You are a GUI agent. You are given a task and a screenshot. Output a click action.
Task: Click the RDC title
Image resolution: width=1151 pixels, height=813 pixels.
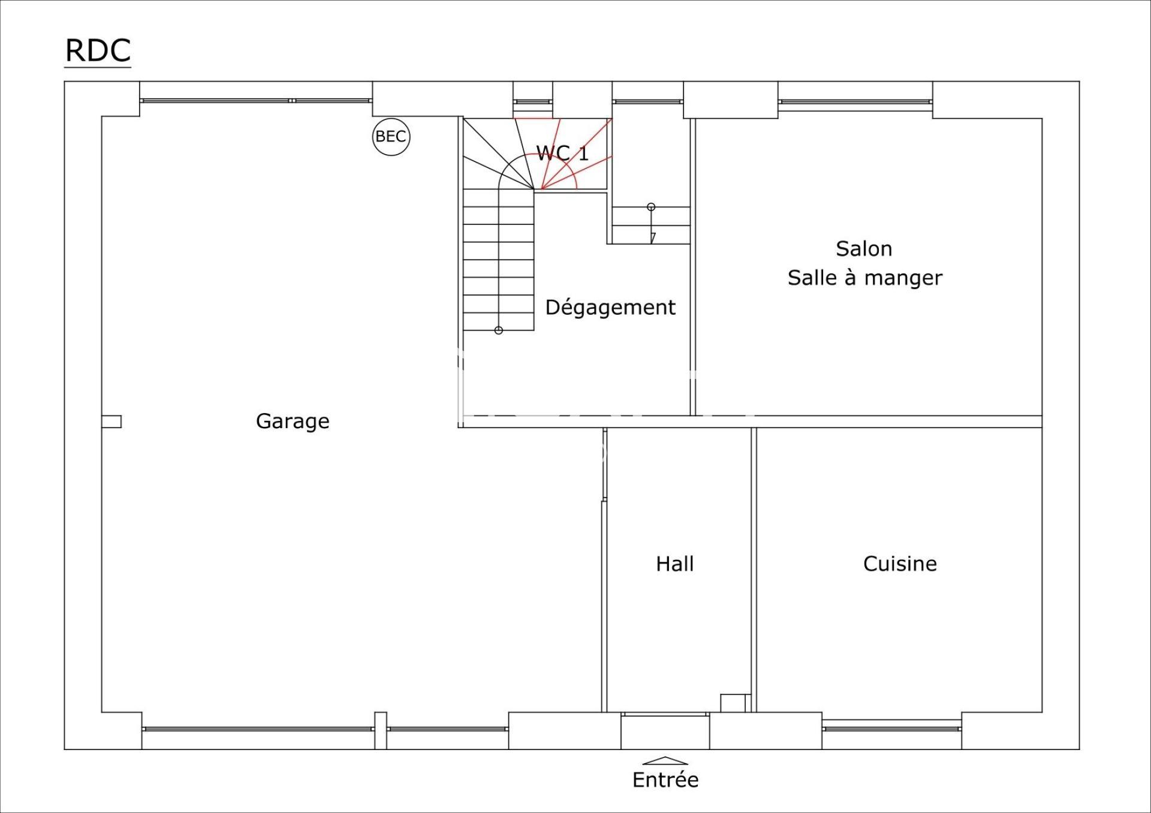tap(98, 50)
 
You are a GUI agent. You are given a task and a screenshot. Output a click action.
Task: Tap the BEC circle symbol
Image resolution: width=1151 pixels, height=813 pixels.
tap(391, 137)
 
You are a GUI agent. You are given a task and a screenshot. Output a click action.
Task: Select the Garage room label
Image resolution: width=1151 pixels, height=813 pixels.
tap(293, 421)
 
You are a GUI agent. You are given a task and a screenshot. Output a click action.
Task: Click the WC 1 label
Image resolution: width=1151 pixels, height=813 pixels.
tap(562, 153)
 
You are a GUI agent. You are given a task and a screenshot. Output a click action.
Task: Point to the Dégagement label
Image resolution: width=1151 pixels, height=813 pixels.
tap(610, 308)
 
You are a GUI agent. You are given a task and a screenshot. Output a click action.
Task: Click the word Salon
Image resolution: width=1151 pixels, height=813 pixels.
tap(864, 249)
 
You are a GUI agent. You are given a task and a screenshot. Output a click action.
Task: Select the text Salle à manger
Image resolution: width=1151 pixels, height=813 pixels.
tap(864, 278)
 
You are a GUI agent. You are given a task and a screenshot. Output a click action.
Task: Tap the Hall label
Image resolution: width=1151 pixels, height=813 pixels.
tap(675, 564)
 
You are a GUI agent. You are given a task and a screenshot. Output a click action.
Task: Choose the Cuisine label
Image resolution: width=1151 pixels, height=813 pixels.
tap(900, 564)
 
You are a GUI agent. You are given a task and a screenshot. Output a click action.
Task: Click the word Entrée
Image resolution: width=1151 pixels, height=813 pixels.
tap(665, 780)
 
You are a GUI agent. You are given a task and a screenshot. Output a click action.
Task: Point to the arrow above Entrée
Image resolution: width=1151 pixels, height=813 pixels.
tap(665, 761)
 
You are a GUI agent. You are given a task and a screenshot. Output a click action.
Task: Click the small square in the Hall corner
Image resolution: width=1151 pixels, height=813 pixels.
tap(733, 703)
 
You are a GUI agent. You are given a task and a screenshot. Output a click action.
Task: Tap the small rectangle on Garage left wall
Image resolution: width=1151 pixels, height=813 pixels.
tap(112, 422)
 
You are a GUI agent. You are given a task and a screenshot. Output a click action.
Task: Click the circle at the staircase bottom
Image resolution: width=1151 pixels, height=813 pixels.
tap(498, 330)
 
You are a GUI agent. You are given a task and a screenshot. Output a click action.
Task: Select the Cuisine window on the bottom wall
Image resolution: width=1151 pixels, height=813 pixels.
tap(892, 728)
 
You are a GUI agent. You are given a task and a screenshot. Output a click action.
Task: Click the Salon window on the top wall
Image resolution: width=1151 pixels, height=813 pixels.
tap(855, 101)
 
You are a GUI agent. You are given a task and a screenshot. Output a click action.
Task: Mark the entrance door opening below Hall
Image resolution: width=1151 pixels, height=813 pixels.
tap(665, 731)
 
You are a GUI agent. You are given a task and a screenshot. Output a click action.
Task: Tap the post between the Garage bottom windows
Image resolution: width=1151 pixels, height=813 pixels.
tap(381, 731)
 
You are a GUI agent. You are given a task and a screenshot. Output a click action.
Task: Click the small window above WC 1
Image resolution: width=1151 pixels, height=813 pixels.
tap(532, 101)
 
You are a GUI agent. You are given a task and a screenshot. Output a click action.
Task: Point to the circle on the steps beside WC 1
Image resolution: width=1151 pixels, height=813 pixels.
tap(651, 207)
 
